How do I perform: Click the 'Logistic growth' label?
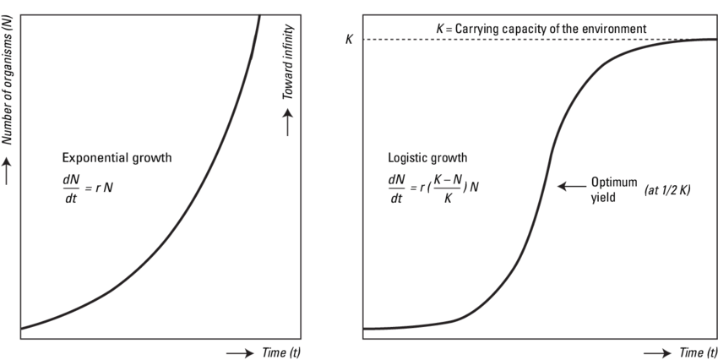pos(427,158)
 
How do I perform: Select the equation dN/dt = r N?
pos(86,187)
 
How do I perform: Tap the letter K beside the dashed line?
pos(350,40)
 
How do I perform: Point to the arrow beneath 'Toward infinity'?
pos(287,126)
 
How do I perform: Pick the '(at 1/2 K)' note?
pos(667,190)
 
